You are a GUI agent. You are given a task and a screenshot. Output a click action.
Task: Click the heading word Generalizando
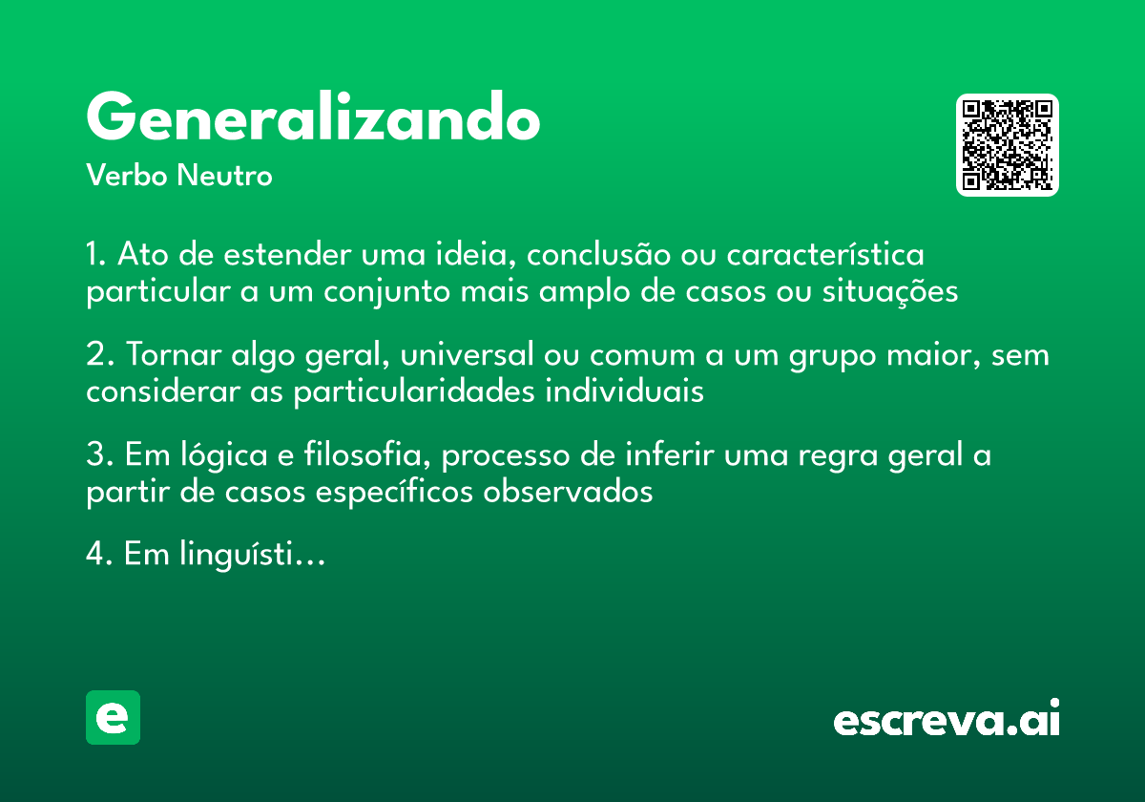pyautogui.click(x=313, y=118)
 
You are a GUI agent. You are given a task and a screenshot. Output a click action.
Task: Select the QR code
pyautogui.click(x=1007, y=145)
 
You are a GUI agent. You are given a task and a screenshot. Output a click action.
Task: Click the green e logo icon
pyautogui.click(x=113, y=717)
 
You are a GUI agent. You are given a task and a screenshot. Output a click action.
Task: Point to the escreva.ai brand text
pyautogui.click(x=947, y=719)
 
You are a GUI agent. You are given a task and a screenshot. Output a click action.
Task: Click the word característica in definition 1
pyautogui.click(x=825, y=256)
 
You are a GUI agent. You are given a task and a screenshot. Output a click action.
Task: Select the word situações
pyautogui.click(x=889, y=291)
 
